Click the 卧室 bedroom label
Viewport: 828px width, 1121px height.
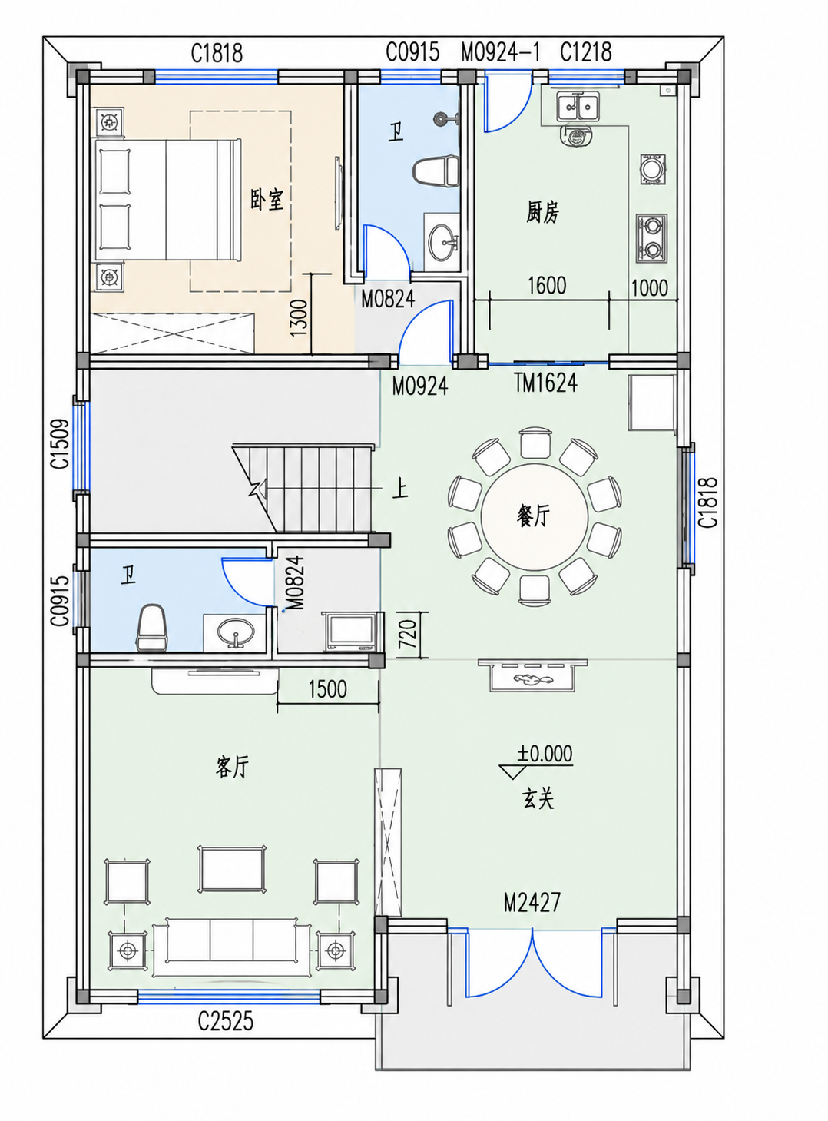[x=267, y=200]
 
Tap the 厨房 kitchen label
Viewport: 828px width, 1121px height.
[x=542, y=212]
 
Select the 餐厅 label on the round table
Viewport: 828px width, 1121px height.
[x=533, y=516]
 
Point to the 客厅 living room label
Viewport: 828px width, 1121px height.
[x=232, y=768]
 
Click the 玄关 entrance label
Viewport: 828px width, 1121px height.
[x=537, y=798]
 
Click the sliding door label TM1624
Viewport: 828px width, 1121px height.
[x=545, y=383]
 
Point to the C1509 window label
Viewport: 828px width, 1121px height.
[x=60, y=444]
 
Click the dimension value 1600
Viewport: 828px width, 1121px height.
[x=547, y=286]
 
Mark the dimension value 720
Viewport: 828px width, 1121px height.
[x=408, y=634]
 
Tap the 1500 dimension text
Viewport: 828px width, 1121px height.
[x=327, y=689]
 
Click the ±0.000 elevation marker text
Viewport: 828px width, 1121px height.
[x=544, y=754]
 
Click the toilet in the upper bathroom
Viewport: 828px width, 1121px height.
[x=436, y=171]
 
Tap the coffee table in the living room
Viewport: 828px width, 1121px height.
[x=233, y=869]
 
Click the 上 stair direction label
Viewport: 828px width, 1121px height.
[x=400, y=489]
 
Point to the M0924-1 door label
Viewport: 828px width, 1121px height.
[x=501, y=52]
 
